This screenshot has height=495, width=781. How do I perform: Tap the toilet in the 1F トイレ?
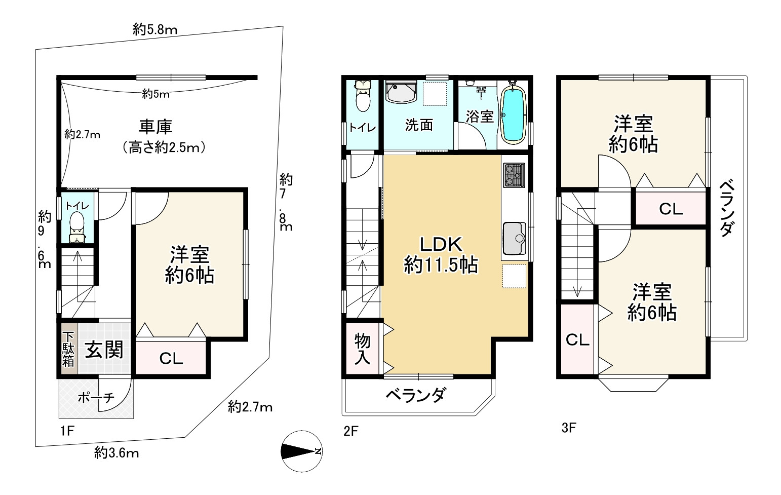pyautogui.click(x=77, y=227)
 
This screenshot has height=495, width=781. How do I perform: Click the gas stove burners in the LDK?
pyautogui.click(x=514, y=175)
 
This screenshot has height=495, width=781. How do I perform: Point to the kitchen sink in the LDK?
pyautogui.click(x=515, y=238)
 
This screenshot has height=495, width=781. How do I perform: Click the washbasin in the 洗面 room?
pyautogui.click(x=401, y=92)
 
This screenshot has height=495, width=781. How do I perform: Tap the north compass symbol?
pyautogui.click(x=301, y=451)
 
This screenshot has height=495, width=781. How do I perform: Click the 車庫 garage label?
pyautogui.click(x=155, y=127)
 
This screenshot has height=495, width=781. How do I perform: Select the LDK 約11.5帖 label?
pyautogui.click(x=441, y=255)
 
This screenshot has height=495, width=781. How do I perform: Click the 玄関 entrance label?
pyautogui.click(x=104, y=350)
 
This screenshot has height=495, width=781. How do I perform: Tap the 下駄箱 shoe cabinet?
pyautogui.click(x=68, y=349)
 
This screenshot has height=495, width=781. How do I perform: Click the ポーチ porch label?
pyautogui.click(x=96, y=397)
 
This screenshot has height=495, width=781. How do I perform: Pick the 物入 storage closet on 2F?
pyautogui.click(x=363, y=349)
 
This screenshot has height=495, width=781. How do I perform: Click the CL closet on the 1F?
pyautogui.click(x=171, y=358)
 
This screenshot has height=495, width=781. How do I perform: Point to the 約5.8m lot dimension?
pyautogui.click(x=155, y=30)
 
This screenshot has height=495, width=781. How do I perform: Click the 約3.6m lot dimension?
pyautogui.click(x=116, y=453)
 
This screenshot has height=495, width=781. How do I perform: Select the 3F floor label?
pyautogui.click(x=569, y=428)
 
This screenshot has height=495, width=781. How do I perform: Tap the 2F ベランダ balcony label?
pyautogui.click(x=416, y=396)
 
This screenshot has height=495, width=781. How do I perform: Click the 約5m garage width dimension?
pyautogui.click(x=155, y=94)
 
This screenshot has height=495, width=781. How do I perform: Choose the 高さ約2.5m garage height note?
pyautogui.click(x=164, y=148)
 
